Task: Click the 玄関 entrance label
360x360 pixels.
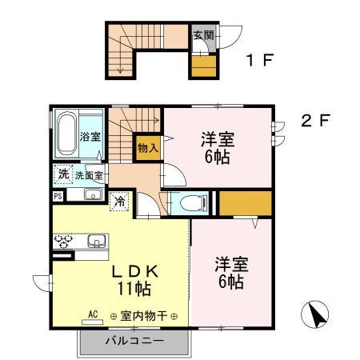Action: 203,35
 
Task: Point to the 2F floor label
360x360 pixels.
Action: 316,122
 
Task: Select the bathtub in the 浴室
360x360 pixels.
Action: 66,131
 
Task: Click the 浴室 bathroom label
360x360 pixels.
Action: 90,136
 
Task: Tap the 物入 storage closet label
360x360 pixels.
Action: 147,147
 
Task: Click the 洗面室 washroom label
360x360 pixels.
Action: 89,175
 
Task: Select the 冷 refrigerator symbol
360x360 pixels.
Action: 119,201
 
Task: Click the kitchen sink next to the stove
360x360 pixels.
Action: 96,239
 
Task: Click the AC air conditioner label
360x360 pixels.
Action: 92,314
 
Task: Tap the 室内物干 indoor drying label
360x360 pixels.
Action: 144,316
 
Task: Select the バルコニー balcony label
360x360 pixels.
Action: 134,341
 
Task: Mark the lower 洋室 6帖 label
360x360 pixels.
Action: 230,272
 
